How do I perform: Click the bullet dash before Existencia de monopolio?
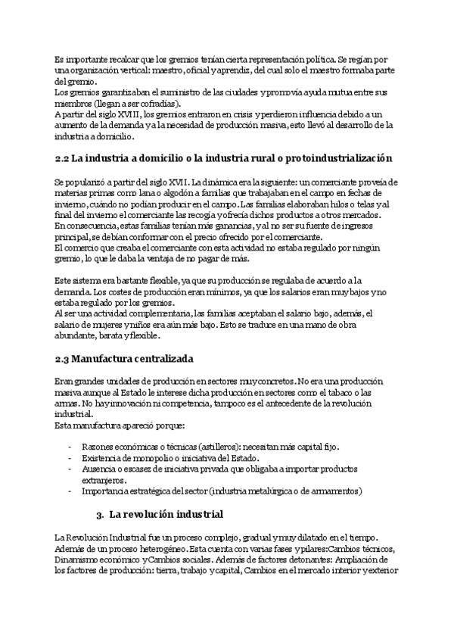click(x=70, y=459)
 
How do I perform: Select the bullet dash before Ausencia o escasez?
click(x=70, y=469)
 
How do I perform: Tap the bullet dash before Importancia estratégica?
click(x=70, y=491)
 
